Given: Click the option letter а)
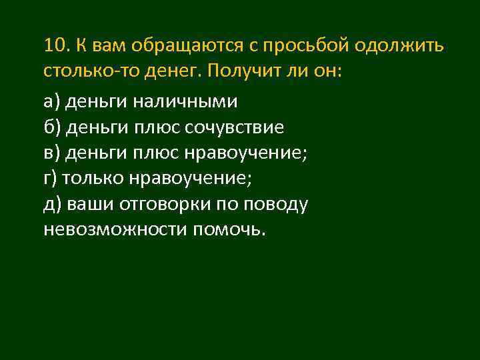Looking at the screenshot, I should pos(52,102).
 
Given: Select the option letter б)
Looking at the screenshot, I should pos(52,127).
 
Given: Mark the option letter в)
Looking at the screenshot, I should pos(52,153).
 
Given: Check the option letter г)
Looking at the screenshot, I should pos(51,179).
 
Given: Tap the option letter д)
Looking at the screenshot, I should pos(52,204).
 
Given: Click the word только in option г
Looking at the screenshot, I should pos(91,179).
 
